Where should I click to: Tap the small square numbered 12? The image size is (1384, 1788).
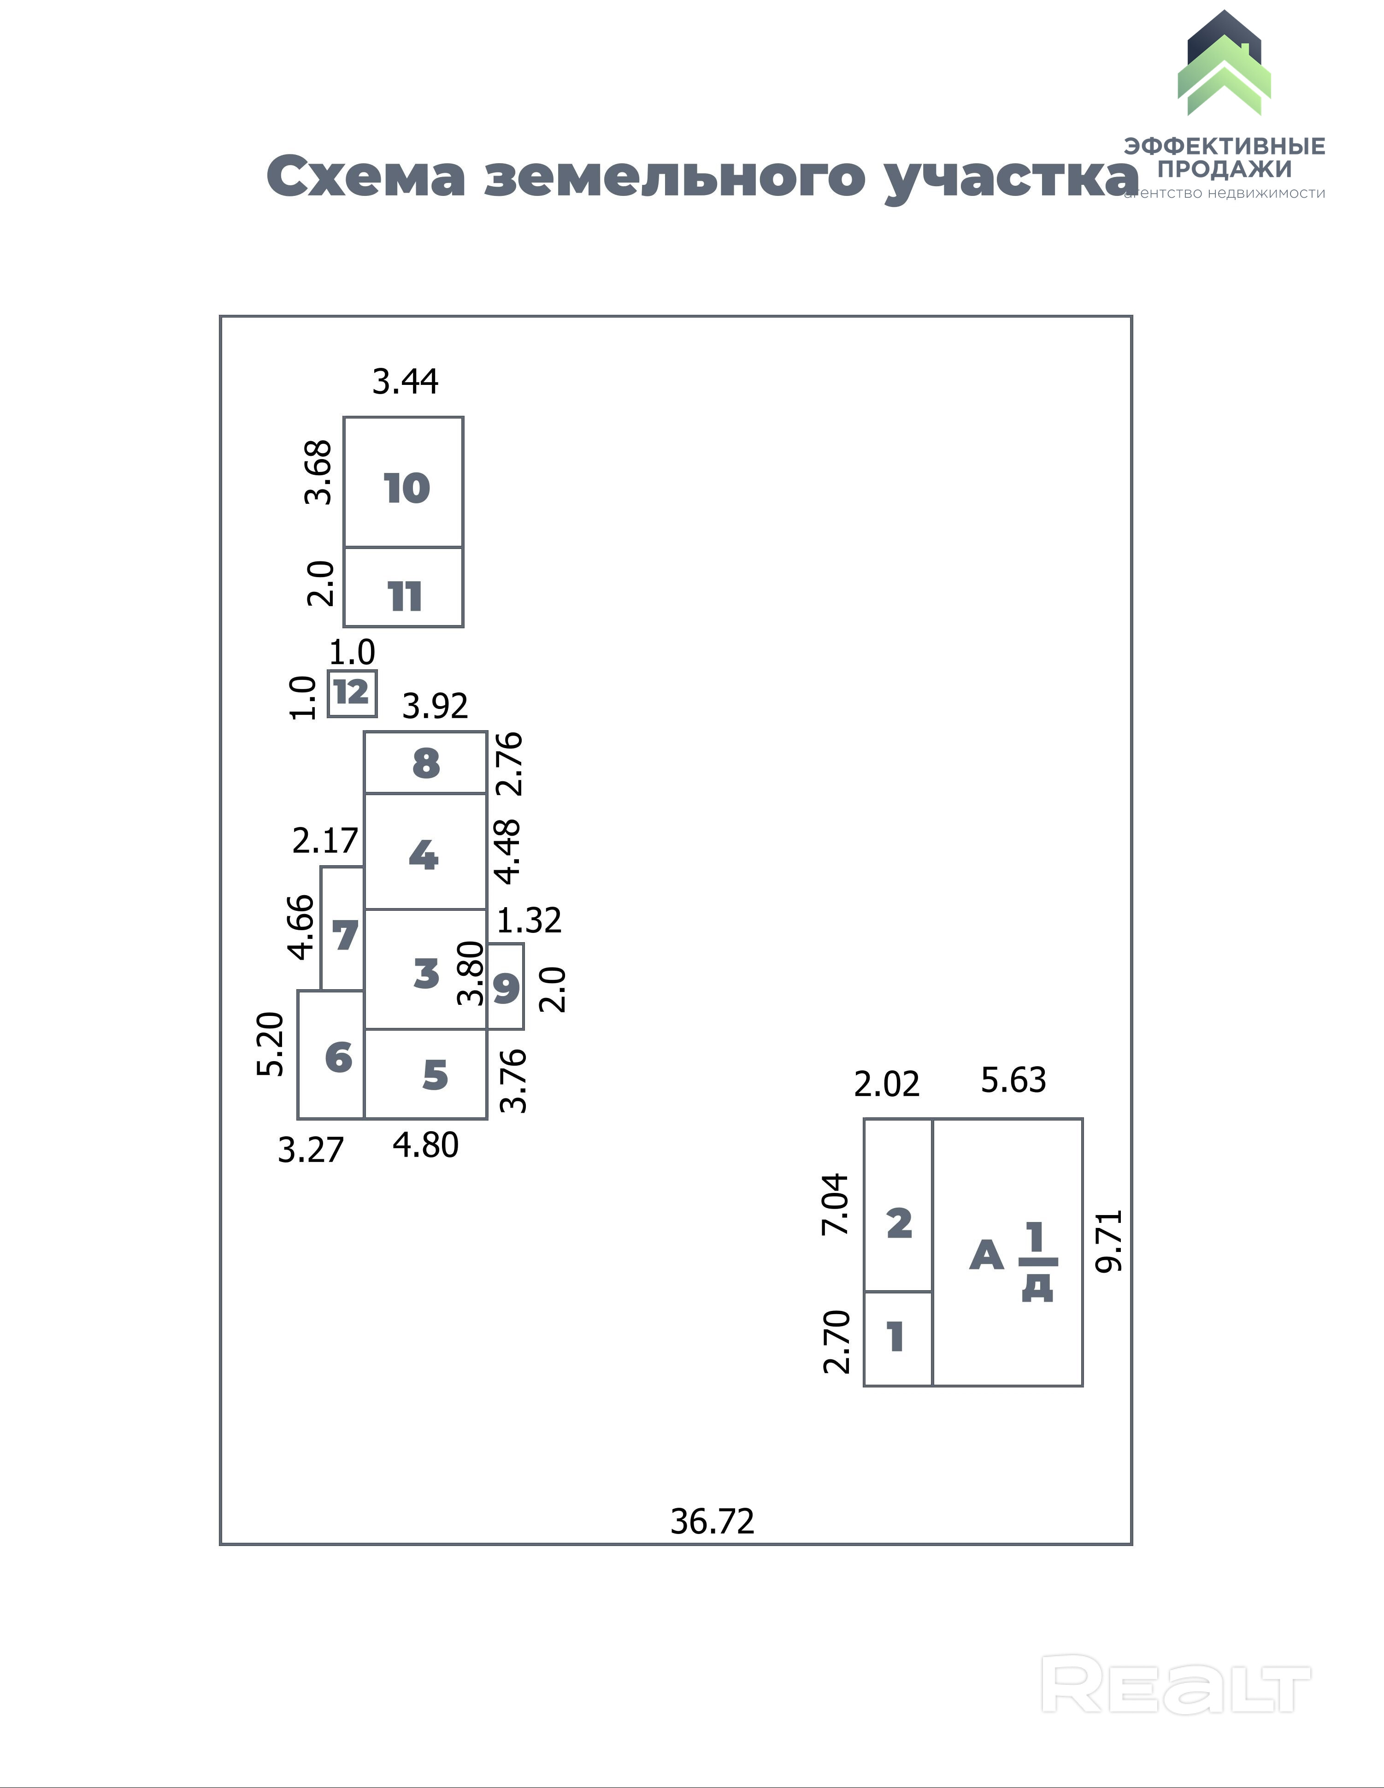[352, 693]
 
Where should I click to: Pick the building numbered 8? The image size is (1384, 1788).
[425, 763]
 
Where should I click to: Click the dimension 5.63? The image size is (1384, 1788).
[1013, 1080]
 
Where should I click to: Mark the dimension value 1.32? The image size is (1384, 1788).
[529, 921]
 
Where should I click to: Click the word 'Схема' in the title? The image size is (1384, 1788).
[366, 177]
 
